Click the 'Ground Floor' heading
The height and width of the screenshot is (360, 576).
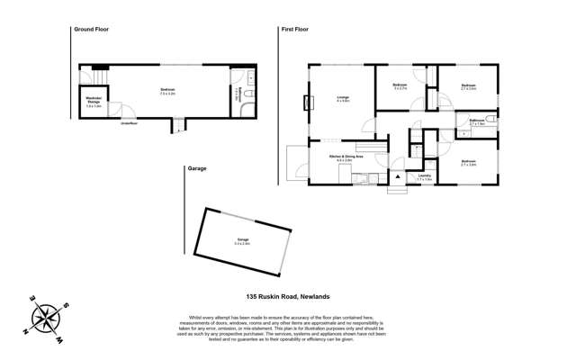[x=93, y=30]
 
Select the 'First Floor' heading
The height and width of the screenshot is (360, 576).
[x=297, y=30]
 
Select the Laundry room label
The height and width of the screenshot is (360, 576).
[x=424, y=175]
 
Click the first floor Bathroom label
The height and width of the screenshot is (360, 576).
[x=477, y=121]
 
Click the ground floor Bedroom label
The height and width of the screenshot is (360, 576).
[x=167, y=90]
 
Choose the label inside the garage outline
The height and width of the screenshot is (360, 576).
[x=242, y=240]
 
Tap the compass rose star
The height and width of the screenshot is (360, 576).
[x=45, y=318]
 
